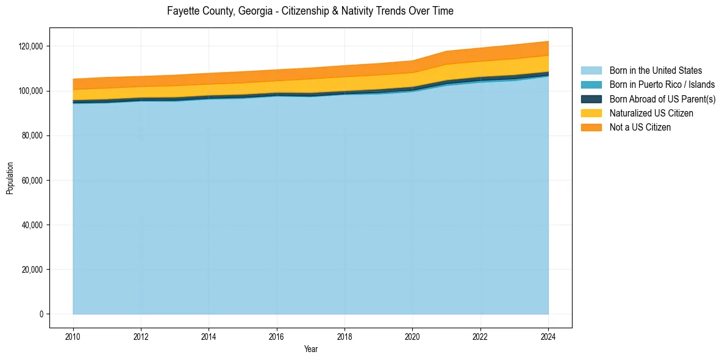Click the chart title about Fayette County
click(310, 11)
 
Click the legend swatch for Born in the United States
click(591, 71)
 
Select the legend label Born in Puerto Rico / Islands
click(662, 85)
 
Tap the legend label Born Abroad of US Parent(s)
click(662, 99)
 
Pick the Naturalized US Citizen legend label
click(651, 113)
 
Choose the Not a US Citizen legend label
click(640, 127)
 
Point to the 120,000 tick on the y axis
click(30, 46)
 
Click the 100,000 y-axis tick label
click(30, 91)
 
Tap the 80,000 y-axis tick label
click(32, 135)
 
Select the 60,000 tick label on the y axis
click(32, 181)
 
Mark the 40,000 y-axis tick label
click(32, 225)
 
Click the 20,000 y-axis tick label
click(32, 270)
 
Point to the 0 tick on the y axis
click(41, 314)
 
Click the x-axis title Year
click(311, 350)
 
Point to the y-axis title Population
click(10, 178)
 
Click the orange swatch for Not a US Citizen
click(591, 127)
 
